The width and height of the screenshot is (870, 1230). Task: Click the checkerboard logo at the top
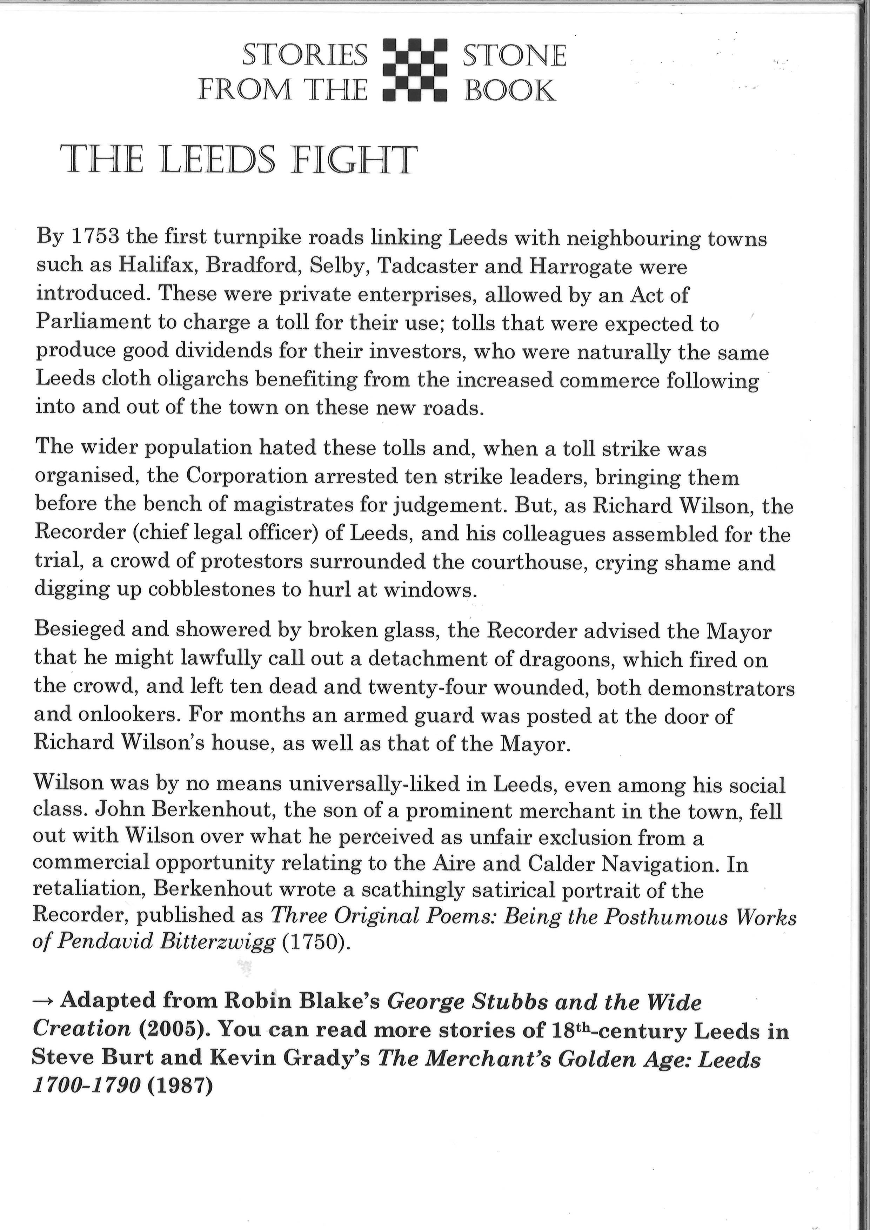[415, 70]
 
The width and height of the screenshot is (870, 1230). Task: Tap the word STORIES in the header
[305, 55]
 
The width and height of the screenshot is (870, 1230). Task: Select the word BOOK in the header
[509, 90]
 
